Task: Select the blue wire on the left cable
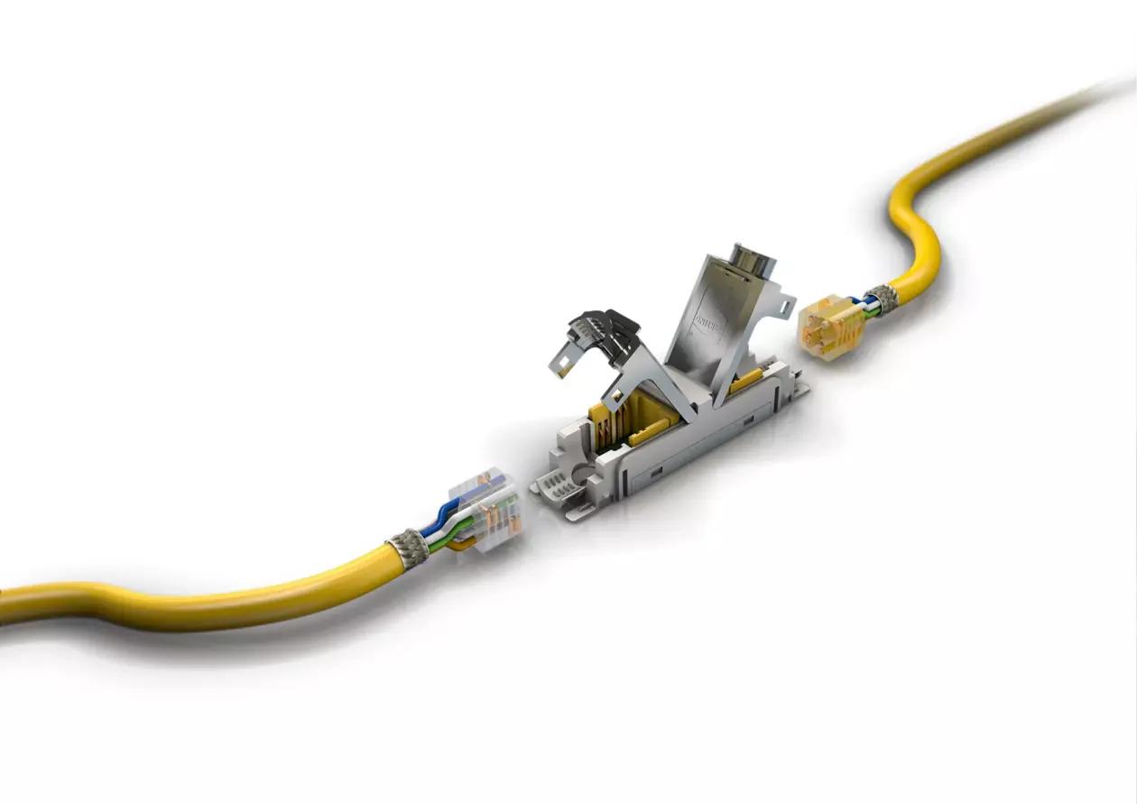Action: pyautogui.click(x=448, y=513)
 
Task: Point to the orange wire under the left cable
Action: pyautogui.click(x=459, y=545)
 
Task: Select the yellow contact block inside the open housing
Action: pyautogui.click(x=623, y=419)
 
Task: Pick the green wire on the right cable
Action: pyautogui.click(x=872, y=315)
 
